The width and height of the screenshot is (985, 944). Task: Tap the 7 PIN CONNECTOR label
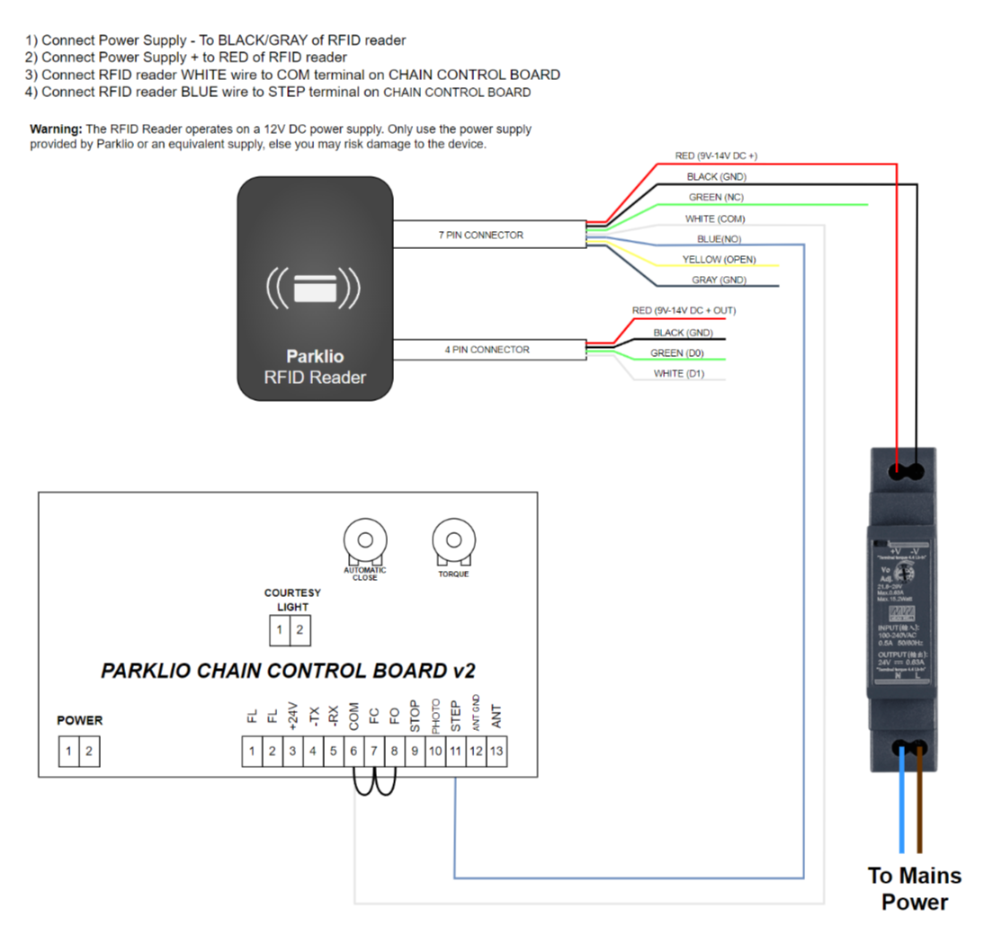click(x=480, y=236)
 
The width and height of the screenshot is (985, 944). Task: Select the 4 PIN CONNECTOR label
click(x=487, y=350)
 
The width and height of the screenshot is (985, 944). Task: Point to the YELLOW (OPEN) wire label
click(x=719, y=260)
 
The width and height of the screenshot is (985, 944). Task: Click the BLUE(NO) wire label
click(x=719, y=239)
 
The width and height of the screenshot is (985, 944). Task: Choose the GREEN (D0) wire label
click(x=677, y=353)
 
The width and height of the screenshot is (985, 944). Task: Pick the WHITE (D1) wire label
click(x=680, y=374)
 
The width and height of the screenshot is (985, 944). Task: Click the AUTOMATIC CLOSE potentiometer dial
click(x=364, y=540)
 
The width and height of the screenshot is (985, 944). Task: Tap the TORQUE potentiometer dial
click(x=452, y=540)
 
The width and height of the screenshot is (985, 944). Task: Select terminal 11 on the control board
click(x=455, y=751)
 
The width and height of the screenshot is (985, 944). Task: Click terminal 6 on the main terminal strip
click(x=354, y=751)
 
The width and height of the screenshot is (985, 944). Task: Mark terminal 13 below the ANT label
click(x=497, y=751)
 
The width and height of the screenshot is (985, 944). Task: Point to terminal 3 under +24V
click(x=292, y=751)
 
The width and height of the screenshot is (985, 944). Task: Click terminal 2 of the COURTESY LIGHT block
click(x=300, y=630)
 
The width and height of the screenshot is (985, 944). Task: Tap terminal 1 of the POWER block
click(x=68, y=751)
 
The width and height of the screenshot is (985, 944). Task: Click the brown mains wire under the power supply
click(x=919, y=805)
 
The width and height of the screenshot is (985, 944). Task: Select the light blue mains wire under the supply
click(x=902, y=805)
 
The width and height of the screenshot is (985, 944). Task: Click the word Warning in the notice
click(x=57, y=129)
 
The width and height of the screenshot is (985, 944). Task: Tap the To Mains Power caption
click(x=914, y=888)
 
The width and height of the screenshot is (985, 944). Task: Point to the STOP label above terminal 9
click(x=415, y=717)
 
